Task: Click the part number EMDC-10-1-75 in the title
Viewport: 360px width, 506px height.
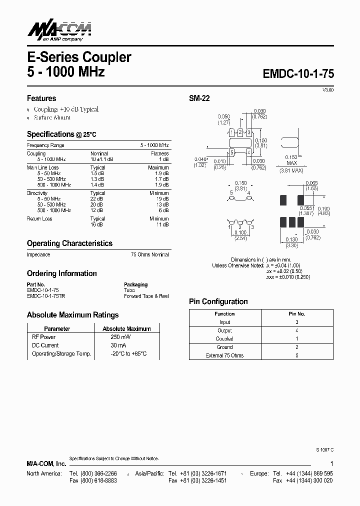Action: click(x=298, y=73)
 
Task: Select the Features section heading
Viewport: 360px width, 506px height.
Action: click(x=41, y=98)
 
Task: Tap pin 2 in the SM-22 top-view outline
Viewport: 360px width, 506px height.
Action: click(x=240, y=132)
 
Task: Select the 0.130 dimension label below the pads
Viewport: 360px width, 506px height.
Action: click(x=292, y=240)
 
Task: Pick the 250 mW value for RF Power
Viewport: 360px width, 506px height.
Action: click(x=119, y=337)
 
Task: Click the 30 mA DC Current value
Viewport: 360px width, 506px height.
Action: click(x=118, y=345)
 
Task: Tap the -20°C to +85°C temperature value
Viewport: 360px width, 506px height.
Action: click(x=128, y=353)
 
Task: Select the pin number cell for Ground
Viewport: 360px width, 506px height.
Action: click(x=296, y=347)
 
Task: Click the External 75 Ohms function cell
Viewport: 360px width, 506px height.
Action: click(x=224, y=355)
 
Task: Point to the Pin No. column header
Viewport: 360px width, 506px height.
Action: click(x=296, y=314)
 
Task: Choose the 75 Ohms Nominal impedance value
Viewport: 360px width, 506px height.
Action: click(x=149, y=254)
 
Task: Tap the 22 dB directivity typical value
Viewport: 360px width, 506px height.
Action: click(x=97, y=199)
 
